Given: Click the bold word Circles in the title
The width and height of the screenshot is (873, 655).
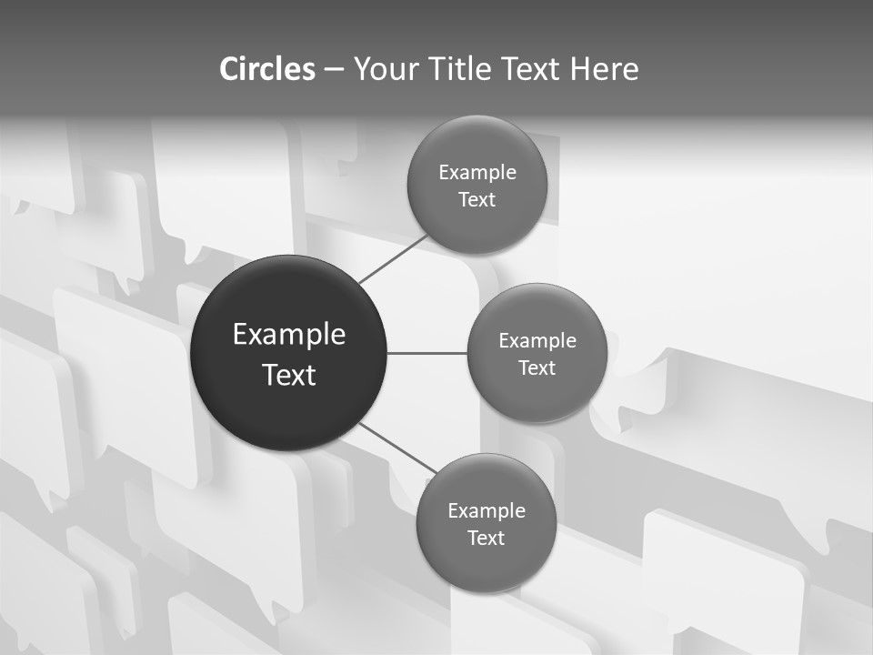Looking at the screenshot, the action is pos(266,69).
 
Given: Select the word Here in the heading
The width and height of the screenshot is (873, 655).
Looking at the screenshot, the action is pos(604,69).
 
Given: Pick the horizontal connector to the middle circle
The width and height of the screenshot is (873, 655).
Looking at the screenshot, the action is pos(427,353).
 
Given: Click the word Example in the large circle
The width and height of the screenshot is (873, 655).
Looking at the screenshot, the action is pos(289,335).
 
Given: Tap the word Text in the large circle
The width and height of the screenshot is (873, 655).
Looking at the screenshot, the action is pos(289,375).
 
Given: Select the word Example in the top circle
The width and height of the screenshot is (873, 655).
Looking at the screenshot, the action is pos(477,173).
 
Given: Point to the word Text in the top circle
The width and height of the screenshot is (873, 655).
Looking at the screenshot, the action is pos(477,200).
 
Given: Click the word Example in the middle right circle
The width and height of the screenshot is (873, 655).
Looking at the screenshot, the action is pos(537,341).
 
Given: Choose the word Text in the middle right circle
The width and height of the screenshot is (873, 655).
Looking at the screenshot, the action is pos(537,368).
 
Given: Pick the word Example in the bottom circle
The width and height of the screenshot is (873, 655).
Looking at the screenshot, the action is pos(487,511).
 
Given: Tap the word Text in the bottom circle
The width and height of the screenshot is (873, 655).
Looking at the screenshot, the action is pos(486,539).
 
